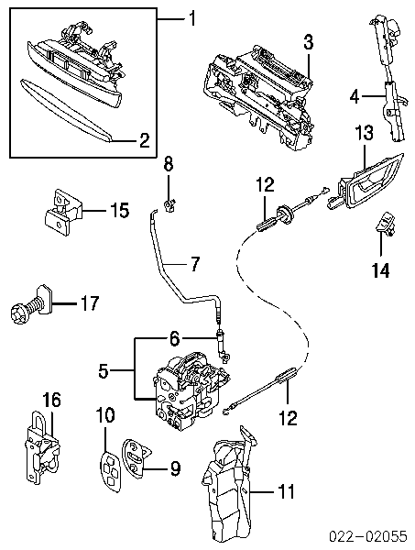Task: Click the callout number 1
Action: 191,18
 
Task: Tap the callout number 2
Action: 145,140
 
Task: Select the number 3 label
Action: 308,43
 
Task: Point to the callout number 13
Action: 364,133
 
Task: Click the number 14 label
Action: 380,270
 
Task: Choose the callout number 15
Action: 119,210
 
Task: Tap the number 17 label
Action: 90,303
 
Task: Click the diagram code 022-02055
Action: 367,536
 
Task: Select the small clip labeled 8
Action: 169,205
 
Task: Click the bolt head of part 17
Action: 17,312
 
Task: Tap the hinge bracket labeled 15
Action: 62,212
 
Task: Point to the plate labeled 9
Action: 135,455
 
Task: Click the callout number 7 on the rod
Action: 194,263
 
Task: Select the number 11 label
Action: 287,490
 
